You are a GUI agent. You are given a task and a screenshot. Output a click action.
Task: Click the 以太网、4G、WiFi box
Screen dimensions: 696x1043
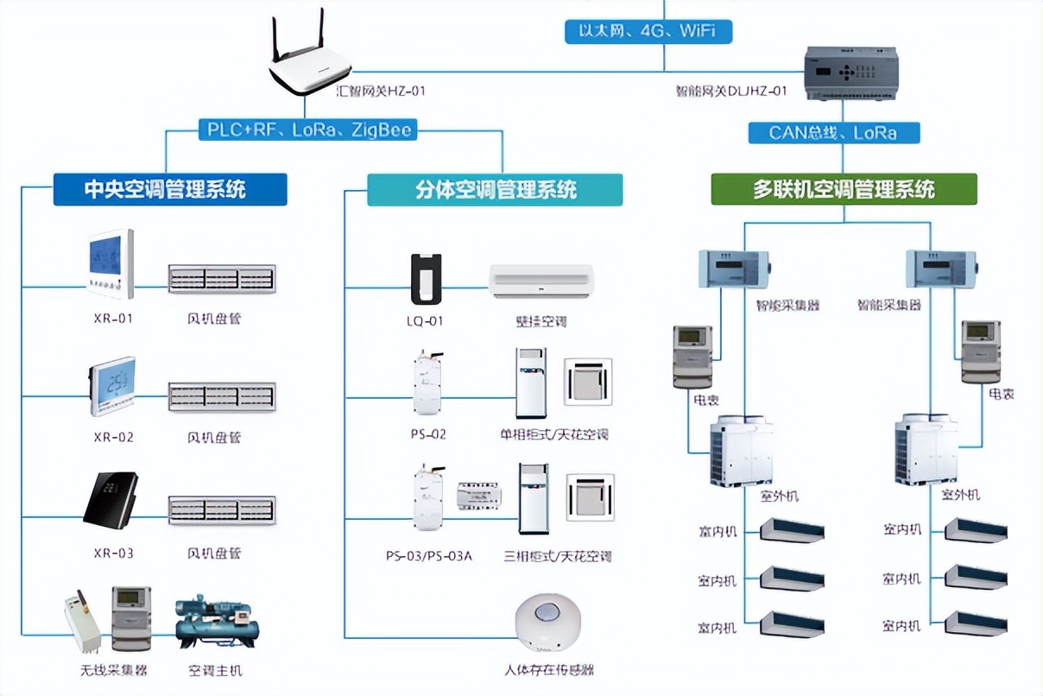tap(648, 32)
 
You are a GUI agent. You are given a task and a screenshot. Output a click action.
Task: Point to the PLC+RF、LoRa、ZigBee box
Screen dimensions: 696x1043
tap(309, 130)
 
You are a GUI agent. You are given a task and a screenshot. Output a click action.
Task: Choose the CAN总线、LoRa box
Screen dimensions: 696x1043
tap(832, 133)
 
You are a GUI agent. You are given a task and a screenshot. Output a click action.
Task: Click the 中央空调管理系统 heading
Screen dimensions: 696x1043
tap(170, 189)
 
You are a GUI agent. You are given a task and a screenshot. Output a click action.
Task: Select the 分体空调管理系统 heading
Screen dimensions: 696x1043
tap(495, 189)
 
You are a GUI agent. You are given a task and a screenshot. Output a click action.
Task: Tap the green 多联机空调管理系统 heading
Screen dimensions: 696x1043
tap(844, 189)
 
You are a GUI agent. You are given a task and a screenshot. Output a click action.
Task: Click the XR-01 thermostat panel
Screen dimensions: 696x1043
tap(111, 263)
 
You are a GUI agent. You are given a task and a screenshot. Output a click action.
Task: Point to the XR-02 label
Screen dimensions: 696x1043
tap(113, 437)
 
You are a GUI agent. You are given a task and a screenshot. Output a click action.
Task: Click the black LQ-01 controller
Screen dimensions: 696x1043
tap(426, 279)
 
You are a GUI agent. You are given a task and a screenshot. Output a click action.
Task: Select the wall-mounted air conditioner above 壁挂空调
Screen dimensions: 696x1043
tap(541, 282)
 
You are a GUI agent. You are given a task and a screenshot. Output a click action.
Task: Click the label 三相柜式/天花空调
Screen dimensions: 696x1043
tap(557, 556)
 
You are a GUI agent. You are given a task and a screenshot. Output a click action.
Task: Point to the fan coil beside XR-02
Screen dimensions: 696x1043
tap(221, 397)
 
